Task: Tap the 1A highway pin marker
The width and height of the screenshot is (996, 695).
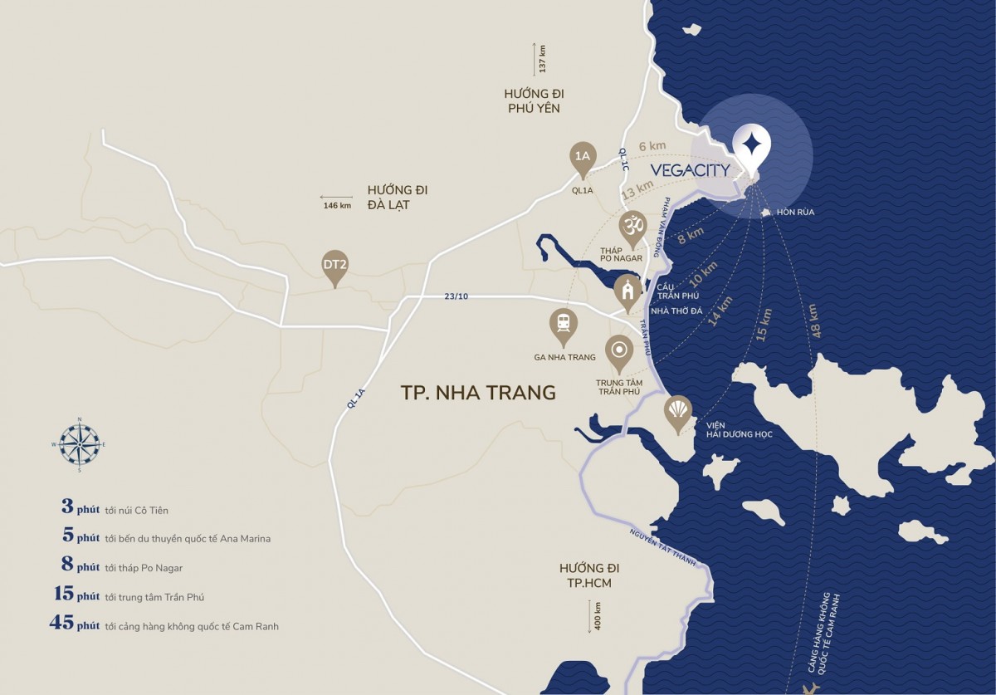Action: coord(583,158)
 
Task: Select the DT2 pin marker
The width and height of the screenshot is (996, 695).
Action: coord(334,267)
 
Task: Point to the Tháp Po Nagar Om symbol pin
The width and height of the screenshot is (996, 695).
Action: coord(632,227)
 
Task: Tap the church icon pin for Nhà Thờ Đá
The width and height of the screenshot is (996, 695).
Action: coord(628,291)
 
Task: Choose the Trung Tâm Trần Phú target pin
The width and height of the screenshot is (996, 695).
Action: coord(618,352)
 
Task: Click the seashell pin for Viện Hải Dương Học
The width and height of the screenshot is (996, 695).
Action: coord(678,412)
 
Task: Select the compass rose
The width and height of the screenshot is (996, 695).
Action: coord(80,444)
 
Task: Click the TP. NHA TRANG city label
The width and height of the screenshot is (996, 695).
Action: coord(478,393)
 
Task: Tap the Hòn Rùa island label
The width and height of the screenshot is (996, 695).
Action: coord(795,213)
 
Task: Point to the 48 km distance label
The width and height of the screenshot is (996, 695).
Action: coord(813,320)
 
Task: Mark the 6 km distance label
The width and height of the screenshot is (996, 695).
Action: coord(652,146)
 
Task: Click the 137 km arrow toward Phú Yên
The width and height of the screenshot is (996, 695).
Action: coord(536,59)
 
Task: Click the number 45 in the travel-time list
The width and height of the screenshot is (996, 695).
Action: coord(62,624)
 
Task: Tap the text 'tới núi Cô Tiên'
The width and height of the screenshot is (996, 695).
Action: coord(137,510)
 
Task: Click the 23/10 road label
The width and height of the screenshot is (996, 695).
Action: coord(456,296)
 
